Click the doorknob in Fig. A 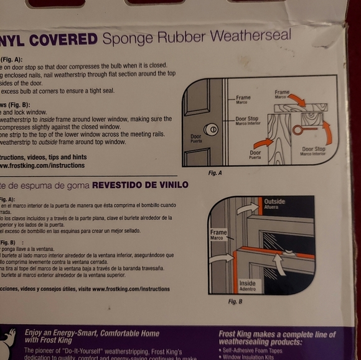211,129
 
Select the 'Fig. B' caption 235,301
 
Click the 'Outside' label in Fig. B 275,203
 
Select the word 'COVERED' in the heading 64,40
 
